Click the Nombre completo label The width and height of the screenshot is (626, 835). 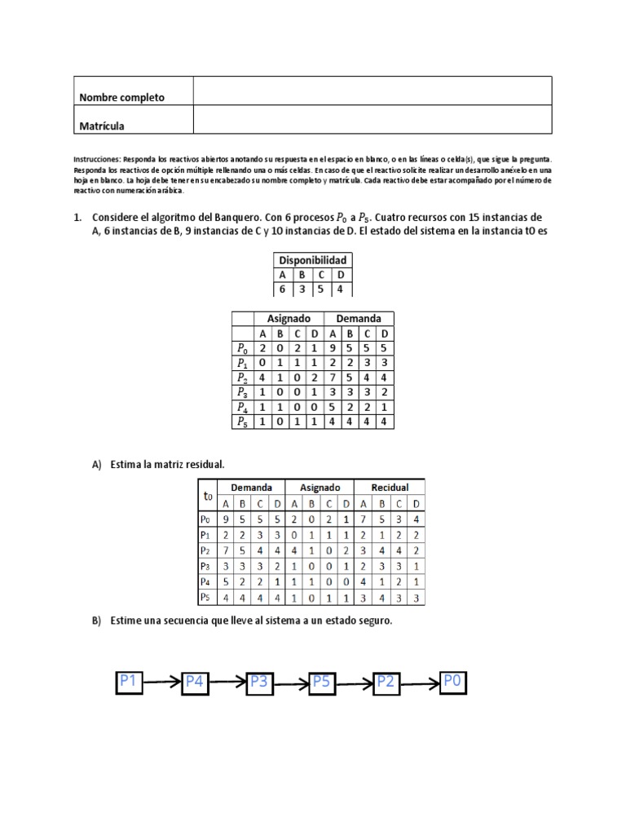121,98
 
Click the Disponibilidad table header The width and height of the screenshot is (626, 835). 312,260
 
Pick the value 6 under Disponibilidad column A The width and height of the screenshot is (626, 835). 282,289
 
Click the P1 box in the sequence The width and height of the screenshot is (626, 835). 130,681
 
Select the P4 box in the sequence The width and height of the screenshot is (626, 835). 196,682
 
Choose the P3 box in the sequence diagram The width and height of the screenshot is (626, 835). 259,682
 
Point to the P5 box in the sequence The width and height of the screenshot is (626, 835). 323,682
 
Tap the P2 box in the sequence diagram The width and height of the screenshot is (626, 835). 386,682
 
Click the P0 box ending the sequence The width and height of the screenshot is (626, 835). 452,682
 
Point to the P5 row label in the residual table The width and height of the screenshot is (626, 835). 206,598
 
